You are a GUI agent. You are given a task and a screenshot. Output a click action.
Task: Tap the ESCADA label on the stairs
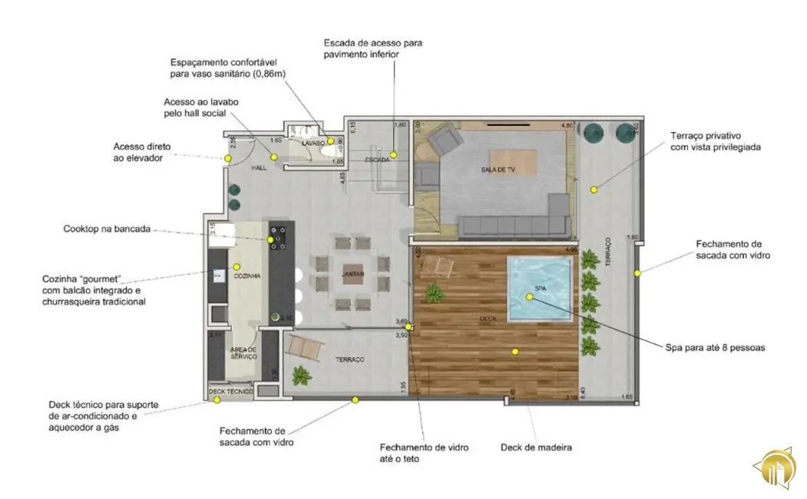coord(376,160)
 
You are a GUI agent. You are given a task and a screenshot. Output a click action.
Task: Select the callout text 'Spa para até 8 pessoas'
coord(714,347)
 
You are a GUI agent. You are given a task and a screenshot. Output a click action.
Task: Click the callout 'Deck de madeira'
coord(536,447)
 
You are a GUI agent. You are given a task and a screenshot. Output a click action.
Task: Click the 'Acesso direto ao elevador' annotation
coord(142,152)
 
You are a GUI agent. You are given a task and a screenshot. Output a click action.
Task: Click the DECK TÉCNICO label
coord(230,392)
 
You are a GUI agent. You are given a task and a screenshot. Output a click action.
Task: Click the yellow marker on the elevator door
coord(228,159)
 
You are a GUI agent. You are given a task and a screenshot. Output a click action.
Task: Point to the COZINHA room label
coord(246,275)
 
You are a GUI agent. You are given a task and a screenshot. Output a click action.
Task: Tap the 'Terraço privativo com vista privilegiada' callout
coord(715,141)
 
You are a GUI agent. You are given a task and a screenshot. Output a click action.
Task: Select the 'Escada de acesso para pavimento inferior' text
coord(372,48)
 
